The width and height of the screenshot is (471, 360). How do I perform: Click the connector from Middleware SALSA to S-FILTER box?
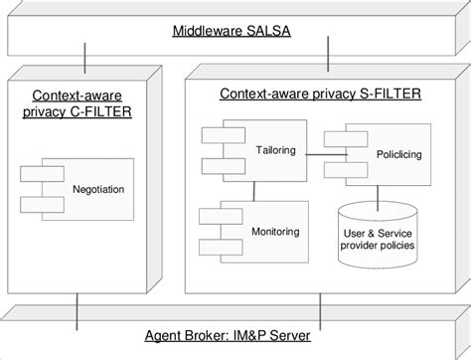(x=324, y=63)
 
